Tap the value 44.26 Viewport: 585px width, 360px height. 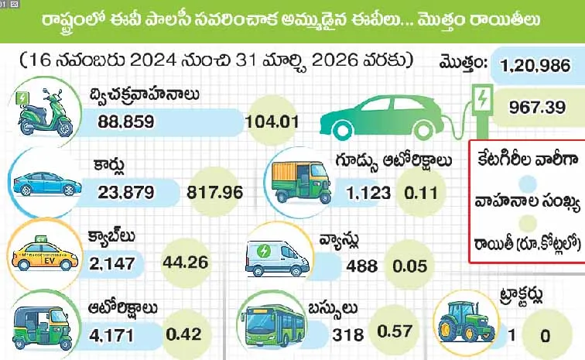tap(186, 262)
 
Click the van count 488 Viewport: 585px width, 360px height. tap(362, 266)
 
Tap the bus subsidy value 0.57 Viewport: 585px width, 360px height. tap(394, 331)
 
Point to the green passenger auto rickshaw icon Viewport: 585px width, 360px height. tap(43, 326)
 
